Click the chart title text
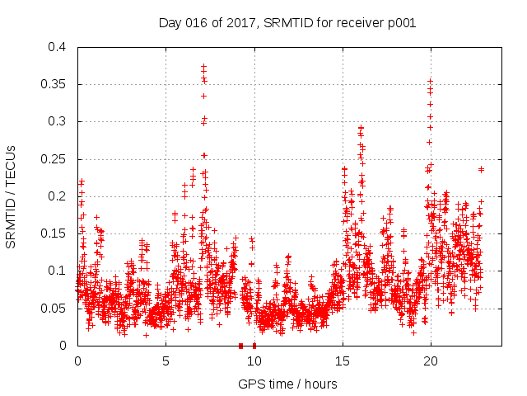coord(287,22)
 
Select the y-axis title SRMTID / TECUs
coord(12,196)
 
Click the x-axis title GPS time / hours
coord(287,384)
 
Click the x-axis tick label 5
coord(166,361)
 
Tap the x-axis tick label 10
coord(254,361)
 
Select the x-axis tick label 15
coord(342,361)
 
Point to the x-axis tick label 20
coord(430,361)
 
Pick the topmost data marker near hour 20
coord(430,82)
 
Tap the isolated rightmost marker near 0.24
coord(481,169)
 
